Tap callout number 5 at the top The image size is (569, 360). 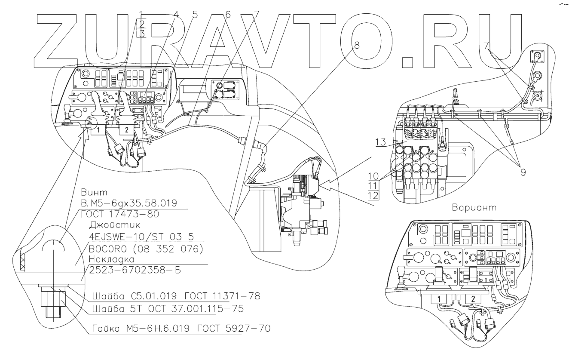point(195,14)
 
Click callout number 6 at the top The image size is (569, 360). point(228,14)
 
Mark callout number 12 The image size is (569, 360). point(372,196)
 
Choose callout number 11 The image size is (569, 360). point(372,186)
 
